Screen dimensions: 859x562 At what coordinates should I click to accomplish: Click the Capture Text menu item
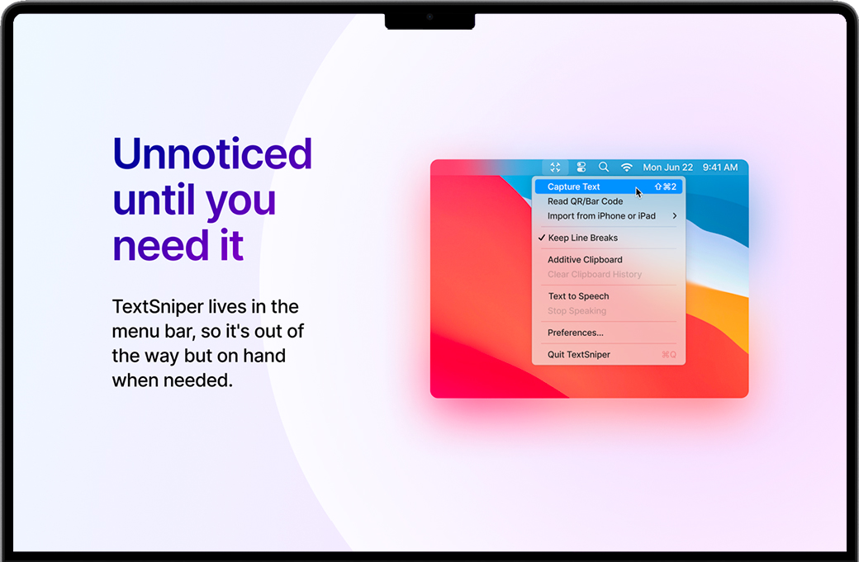[x=573, y=187]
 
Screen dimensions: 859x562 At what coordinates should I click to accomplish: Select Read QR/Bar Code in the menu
[x=585, y=201]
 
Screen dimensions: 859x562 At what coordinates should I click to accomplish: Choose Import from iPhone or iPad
[x=601, y=216]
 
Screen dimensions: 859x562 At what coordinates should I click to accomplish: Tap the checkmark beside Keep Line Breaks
[x=542, y=238]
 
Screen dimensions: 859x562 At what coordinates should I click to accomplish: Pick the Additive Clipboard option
[x=585, y=260]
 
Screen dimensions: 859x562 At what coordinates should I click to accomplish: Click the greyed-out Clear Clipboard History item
[x=595, y=274]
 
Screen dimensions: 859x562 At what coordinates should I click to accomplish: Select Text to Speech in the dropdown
[x=578, y=296]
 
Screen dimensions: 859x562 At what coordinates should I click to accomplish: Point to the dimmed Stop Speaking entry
[x=577, y=311]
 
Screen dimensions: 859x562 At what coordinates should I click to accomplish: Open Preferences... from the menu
[x=575, y=333]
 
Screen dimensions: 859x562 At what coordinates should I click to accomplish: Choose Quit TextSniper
[x=578, y=355]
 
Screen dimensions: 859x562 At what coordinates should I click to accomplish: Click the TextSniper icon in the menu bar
[x=555, y=167]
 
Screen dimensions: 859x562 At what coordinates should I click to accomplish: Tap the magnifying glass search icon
[x=604, y=167]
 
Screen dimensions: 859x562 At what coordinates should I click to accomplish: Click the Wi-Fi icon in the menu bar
[x=627, y=167]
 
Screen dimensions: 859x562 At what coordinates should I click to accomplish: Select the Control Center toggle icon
[x=581, y=167]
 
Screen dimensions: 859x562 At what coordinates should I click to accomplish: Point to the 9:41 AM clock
[x=720, y=168]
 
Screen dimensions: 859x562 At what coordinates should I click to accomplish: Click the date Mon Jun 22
[x=668, y=168]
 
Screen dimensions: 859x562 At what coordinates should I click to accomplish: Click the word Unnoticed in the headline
[x=212, y=153]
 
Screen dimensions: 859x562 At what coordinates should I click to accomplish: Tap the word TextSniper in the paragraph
[x=157, y=306]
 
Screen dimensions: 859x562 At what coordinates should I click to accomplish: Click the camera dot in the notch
[x=430, y=17]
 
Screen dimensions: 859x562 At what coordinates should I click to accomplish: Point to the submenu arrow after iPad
[x=674, y=216]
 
